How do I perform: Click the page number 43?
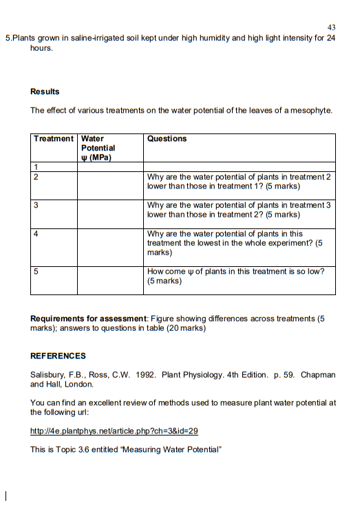coord(331,27)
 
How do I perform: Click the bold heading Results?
coord(45,92)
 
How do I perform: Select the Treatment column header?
coord(54,139)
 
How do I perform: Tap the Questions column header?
coord(167,139)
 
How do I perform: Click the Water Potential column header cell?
coord(98,148)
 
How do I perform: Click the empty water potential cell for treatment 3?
coord(110,214)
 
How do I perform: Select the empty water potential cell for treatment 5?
coord(110,280)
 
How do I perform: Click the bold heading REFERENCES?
coord(59,356)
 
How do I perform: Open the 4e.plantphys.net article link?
coord(114,431)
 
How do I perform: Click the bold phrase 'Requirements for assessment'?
coord(89,319)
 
